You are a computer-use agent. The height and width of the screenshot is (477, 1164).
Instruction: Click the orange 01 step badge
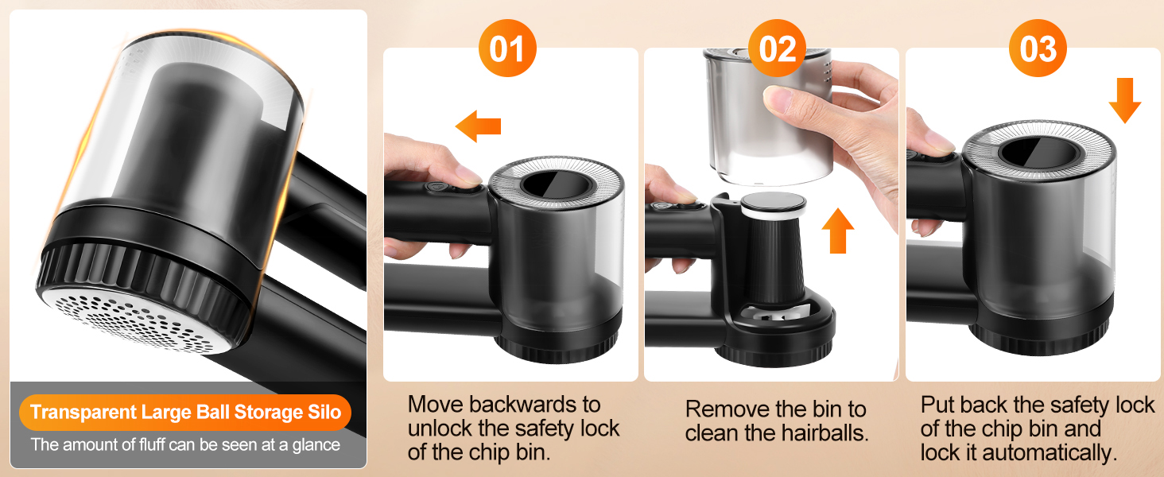coord(507,48)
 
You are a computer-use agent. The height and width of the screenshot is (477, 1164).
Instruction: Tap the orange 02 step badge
coord(777,48)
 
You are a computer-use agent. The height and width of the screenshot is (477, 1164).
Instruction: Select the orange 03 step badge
coord(1038,48)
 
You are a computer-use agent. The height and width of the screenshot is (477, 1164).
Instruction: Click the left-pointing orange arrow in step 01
coord(478,126)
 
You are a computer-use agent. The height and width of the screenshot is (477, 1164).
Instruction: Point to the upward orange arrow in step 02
coord(838,231)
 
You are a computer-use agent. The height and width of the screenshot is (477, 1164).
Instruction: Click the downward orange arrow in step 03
coord(1124,100)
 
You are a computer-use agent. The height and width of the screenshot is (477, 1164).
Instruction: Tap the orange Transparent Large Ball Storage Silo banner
coord(185,412)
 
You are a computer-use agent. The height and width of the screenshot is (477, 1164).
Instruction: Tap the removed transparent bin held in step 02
coord(768,117)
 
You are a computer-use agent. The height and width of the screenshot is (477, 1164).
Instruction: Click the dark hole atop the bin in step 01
coord(557,185)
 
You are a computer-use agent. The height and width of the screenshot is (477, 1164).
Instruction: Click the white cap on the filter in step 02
coord(774,206)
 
